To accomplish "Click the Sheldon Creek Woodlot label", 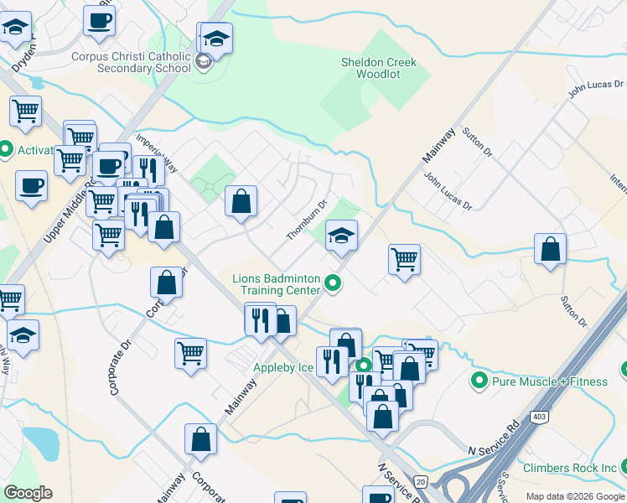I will point(378,68).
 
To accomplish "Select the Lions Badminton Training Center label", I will point(280,284).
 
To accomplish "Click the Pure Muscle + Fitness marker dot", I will point(479,381).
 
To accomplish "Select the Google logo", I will point(28,493).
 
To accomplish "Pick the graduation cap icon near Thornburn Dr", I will point(342,236).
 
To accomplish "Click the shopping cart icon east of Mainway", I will point(404,259).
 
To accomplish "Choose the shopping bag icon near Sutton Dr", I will point(550,249).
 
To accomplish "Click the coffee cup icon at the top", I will point(99,20).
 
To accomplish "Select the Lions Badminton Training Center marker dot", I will point(334,283).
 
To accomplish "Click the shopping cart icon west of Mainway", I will point(191,353).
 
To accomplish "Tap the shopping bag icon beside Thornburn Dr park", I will point(241,201).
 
